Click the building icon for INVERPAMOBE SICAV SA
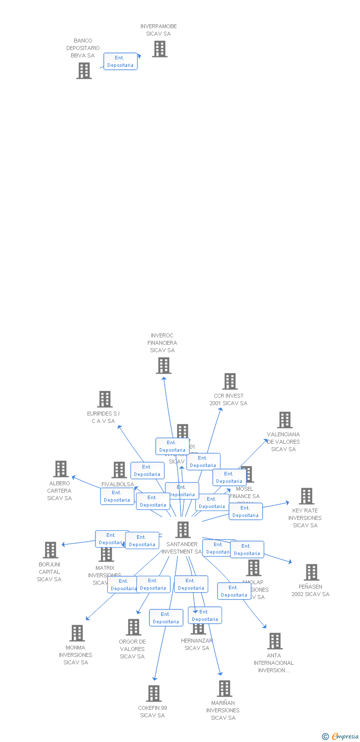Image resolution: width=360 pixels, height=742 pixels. pyautogui.click(x=159, y=49)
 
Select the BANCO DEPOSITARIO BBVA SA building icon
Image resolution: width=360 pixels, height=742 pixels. pyautogui.click(x=84, y=71)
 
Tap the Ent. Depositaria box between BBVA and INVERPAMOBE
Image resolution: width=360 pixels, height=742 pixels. pyautogui.click(x=120, y=61)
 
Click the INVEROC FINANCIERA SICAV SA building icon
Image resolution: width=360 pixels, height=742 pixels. pyautogui.click(x=163, y=366)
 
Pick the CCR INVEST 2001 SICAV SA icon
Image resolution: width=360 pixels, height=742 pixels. pyautogui.click(x=229, y=381)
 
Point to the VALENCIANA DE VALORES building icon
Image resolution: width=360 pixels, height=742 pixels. pyautogui.click(x=284, y=420)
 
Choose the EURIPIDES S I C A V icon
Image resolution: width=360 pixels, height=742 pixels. pyautogui.click(x=104, y=399)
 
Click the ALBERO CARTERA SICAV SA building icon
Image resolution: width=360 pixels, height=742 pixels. pyautogui.click(x=60, y=469)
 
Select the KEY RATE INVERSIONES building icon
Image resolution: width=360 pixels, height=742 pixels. pyautogui.click(x=306, y=496)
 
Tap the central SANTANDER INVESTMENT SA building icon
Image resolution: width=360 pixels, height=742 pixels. pyautogui.click(x=182, y=530)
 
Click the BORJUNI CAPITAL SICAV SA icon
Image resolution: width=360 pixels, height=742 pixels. pyautogui.click(x=50, y=550)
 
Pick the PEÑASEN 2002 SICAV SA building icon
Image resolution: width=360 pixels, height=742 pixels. pyautogui.click(x=311, y=572)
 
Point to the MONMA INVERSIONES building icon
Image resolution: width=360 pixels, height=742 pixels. pyautogui.click(x=77, y=633)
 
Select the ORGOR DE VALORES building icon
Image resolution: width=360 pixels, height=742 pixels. pyautogui.click(x=133, y=627)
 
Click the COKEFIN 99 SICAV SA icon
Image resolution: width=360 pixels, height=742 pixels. pyautogui.click(x=153, y=694)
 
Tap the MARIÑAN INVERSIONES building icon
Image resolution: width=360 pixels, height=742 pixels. pyautogui.click(x=224, y=689)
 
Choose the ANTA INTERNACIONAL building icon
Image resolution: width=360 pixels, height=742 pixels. pyautogui.click(x=274, y=641)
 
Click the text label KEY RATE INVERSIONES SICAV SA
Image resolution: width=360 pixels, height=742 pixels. pyautogui.click(x=305, y=518)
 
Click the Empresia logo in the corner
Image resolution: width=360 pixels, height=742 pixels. pyautogui.click(x=340, y=737)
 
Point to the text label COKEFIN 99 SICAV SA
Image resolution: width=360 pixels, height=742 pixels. pyautogui.click(x=152, y=712)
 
